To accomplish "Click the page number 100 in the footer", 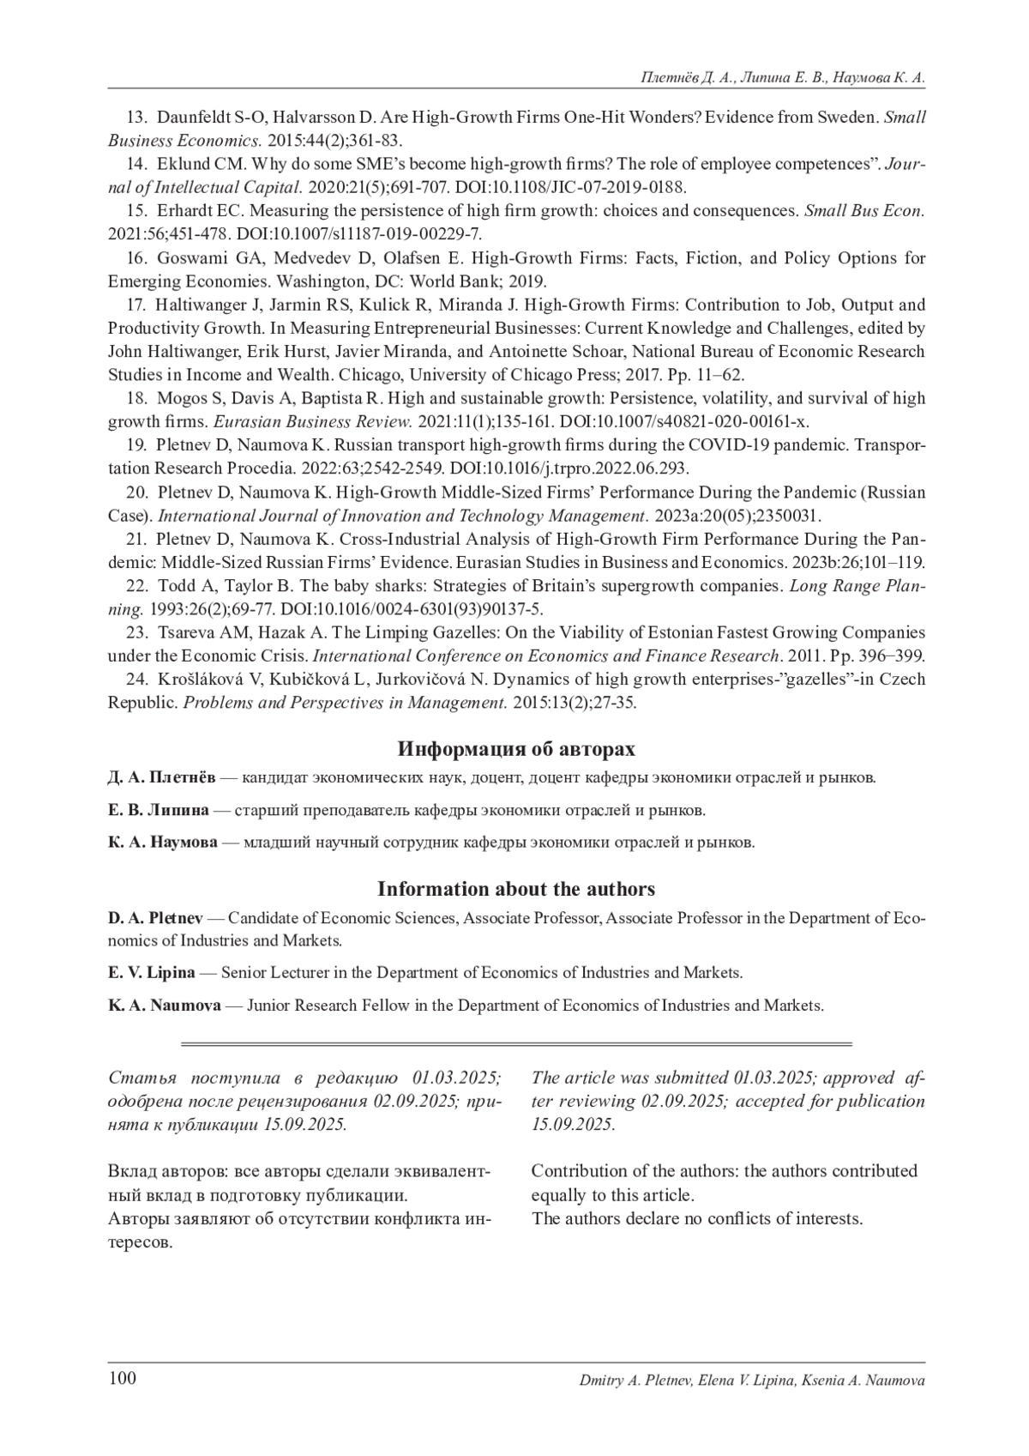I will (x=123, y=1379).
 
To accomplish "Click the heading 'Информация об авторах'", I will (x=516, y=749).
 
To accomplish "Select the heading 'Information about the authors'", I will (x=516, y=889).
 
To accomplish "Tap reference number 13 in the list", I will (x=136, y=118).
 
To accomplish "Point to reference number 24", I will (x=136, y=680).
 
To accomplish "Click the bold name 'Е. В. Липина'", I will (x=158, y=809).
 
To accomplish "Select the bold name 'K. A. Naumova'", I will (x=164, y=1005).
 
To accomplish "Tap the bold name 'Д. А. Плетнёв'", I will (x=162, y=777).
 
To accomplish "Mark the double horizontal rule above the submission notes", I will (x=516, y=1044).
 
